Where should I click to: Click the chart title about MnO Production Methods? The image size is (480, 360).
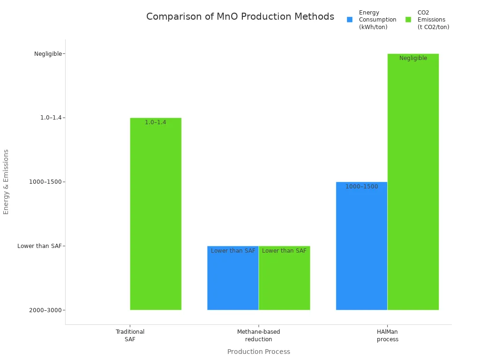click(x=240, y=17)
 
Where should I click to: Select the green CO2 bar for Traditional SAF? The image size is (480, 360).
click(x=156, y=216)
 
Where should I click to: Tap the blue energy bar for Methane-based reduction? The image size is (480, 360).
click(x=233, y=281)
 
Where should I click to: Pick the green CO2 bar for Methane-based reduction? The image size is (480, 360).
click(x=285, y=281)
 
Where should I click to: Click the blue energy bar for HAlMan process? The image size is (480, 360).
click(x=361, y=248)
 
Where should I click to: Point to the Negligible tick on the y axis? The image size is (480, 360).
click(x=48, y=54)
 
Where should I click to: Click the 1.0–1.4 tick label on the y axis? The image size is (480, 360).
click(x=51, y=118)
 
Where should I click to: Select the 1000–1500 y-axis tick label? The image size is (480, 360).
click(x=45, y=182)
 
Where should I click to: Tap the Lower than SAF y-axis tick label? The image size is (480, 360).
click(x=39, y=246)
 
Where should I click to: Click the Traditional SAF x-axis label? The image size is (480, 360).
click(x=130, y=336)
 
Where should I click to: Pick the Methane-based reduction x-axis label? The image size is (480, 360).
click(x=259, y=336)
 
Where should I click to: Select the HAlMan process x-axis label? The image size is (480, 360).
click(x=387, y=336)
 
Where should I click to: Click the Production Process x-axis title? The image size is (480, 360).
click(x=259, y=352)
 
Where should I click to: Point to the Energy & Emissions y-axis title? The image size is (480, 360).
click(x=7, y=182)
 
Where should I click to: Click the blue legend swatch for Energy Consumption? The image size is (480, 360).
click(x=350, y=20)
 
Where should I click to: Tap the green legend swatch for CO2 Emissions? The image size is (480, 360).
click(x=408, y=20)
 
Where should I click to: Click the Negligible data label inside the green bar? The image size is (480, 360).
click(x=413, y=59)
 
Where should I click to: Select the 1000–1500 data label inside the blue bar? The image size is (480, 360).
click(x=361, y=187)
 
